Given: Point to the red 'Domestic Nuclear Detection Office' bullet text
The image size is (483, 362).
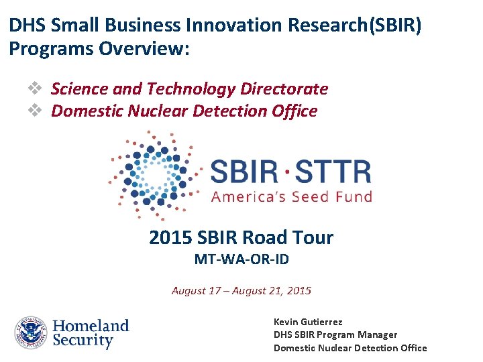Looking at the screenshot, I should coord(184,111).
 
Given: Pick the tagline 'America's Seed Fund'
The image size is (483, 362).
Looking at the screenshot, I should coord(291,196).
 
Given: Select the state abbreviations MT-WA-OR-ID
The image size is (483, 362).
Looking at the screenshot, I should coord(241,259).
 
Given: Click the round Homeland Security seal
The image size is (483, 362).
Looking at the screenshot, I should coord(30,333).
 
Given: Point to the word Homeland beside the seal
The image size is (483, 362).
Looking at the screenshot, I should coord(91,326).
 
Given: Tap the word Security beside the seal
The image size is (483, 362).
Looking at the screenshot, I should coord(83,341).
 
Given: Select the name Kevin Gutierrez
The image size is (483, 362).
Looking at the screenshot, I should coord(309,322).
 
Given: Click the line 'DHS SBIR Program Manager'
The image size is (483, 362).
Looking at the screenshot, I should coord(335,335).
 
